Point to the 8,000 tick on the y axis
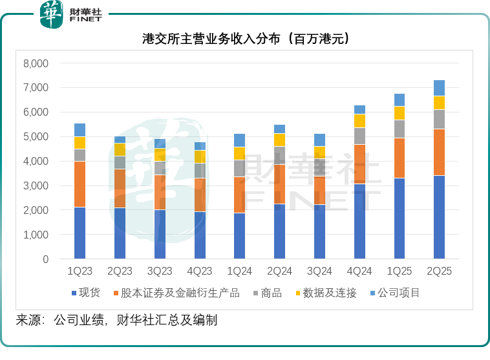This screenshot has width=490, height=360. tap(36, 63)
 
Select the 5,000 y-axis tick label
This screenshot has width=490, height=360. tap(36, 137)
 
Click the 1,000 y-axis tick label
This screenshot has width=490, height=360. tap(36, 235)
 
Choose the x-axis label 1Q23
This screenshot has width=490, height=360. tap(80, 271)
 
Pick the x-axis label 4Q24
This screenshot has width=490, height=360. tap(359, 271)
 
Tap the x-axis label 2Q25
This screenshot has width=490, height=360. tap(439, 271)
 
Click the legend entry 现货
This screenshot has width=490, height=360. tap(85, 293)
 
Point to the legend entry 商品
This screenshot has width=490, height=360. tap(266, 293)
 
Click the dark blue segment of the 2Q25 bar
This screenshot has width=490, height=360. tap(439, 217)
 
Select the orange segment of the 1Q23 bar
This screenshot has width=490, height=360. tap(80, 184)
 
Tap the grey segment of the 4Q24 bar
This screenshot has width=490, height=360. tap(359, 136)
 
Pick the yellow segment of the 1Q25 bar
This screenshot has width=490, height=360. tap(399, 113)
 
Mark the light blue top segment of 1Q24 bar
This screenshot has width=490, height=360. tap(239, 140)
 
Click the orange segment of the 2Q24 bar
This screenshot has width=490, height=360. tap(279, 184)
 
